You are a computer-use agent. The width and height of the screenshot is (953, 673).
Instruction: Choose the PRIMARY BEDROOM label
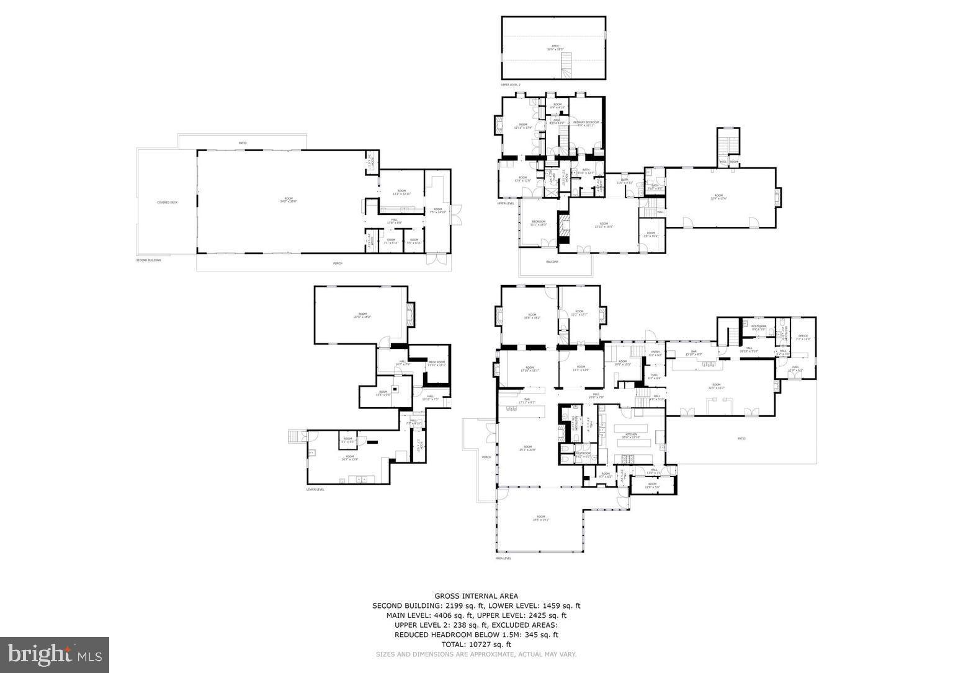click(x=586, y=123)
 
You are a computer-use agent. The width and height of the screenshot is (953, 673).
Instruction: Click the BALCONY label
click(x=552, y=262)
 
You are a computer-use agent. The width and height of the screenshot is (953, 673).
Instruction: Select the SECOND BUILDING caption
click(x=148, y=260)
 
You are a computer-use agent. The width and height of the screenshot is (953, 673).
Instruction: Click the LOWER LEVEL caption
click(x=315, y=489)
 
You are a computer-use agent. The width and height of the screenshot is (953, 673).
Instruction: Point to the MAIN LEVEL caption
click(x=503, y=558)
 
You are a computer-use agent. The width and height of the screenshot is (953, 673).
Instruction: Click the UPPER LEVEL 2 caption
click(x=511, y=84)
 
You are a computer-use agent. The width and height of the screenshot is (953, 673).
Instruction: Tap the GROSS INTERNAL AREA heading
click(x=476, y=596)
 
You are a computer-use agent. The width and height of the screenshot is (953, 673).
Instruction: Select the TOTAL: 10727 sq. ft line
click(x=476, y=644)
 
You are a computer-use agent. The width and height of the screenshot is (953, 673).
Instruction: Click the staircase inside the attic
click(x=565, y=64)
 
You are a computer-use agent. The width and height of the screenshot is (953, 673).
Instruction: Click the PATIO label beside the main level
click(x=741, y=439)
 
